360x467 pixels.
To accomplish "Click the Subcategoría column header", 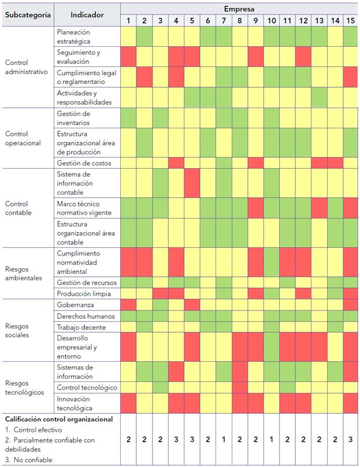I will (28, 14).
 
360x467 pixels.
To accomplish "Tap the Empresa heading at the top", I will (239, 9).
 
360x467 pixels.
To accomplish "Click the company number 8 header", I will (239, 21).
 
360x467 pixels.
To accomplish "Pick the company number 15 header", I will (350, 21).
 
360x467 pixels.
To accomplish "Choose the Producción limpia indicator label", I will (84, 294).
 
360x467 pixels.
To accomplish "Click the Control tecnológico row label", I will (87, 387).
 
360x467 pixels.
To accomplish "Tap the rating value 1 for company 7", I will (223, 440).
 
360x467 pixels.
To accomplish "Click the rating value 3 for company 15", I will (350, 440).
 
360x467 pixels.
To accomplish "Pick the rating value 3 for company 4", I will (176, 440).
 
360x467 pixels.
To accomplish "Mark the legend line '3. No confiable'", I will (28, 460).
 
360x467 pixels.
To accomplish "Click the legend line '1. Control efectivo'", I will (34, 429).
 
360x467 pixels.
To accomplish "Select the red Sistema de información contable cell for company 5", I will (192, 183).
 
